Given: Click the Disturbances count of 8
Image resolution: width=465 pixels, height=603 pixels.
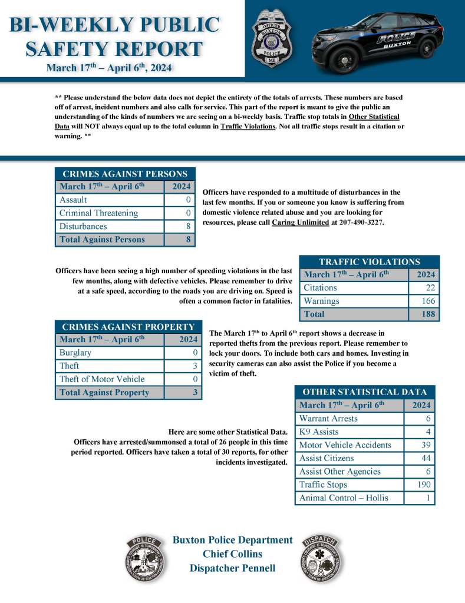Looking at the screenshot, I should tap(188, 226).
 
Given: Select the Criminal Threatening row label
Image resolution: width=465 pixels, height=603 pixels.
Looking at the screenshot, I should tap(99, 213).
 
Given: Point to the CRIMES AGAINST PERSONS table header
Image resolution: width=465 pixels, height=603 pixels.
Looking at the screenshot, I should tap(125, 174).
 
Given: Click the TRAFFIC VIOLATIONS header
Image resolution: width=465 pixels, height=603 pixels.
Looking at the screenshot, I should tap(370, 262).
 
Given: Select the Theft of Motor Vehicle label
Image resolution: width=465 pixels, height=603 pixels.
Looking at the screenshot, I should tap(102, 379).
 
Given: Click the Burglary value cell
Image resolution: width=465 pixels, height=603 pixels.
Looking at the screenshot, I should tap(194, 353).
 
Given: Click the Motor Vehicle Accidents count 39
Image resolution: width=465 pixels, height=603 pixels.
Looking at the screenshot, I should tap(426, 445).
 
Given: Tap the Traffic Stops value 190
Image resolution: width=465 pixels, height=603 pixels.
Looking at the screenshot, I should tap(424, 485).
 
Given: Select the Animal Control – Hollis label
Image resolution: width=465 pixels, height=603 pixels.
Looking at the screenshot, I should tap(344, 498).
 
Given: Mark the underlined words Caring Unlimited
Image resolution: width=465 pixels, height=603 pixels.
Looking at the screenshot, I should tap(300, 224).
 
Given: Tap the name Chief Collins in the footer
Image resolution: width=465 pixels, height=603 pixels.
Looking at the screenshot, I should tap(232, 554).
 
